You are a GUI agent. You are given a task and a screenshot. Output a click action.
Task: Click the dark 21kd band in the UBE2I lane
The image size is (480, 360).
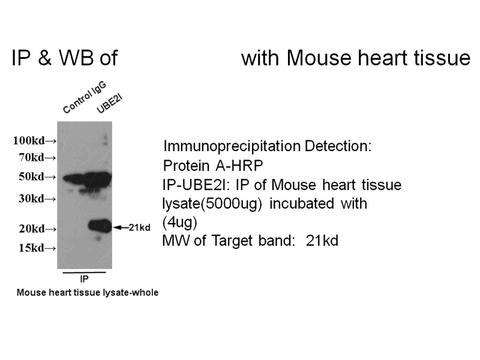point(99,226)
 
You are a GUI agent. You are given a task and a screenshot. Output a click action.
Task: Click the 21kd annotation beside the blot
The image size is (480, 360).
point(141,227)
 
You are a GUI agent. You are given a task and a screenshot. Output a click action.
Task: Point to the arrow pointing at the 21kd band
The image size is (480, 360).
point(122,227)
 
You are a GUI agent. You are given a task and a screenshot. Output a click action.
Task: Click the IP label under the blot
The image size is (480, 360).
point(85,279)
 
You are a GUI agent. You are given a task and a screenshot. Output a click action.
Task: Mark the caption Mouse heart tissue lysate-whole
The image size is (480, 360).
point(87,293)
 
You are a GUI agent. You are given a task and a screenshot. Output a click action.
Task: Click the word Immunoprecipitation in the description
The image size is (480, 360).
point(232,146)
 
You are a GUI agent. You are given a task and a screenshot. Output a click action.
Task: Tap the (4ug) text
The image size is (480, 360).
point(179,222)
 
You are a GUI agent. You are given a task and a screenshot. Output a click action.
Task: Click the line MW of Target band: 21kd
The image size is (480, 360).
point(250,241)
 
